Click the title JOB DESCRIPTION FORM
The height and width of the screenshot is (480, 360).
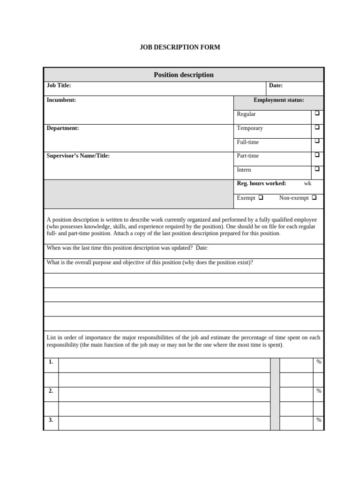[x=180, y=47]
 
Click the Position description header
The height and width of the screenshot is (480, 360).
[x=183, y=75]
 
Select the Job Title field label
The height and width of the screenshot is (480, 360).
[x=59, y=85]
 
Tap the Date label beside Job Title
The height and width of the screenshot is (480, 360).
[x=276, y=85]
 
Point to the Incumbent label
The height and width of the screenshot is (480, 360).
[x=61, y=100]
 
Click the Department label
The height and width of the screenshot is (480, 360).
[x=63, y=128]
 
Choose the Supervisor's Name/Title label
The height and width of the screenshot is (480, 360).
[x=78, y=156]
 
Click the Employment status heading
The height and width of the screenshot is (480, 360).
[x=278, y=100]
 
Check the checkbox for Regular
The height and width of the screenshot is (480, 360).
[x=317, y=113]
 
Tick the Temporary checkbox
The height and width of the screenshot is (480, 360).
[x=317, y=127]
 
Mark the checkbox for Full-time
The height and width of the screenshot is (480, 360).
[x=317, y=141]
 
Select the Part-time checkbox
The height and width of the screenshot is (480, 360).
[x=317, y=155]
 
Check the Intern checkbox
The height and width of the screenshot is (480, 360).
[x=317, y=169]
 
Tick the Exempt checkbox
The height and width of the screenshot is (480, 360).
[x=261, y=197]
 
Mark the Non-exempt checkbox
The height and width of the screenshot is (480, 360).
[x=314, y=197]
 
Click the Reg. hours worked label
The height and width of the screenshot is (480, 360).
[x=262, y=183]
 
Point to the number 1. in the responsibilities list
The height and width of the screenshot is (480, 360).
[x=51, y=361]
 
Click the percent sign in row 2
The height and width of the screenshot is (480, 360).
[x=319, y=390]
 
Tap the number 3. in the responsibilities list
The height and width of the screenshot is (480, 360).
[x=51, y=420]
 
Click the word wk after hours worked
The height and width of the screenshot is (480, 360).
[x=307, y=183]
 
